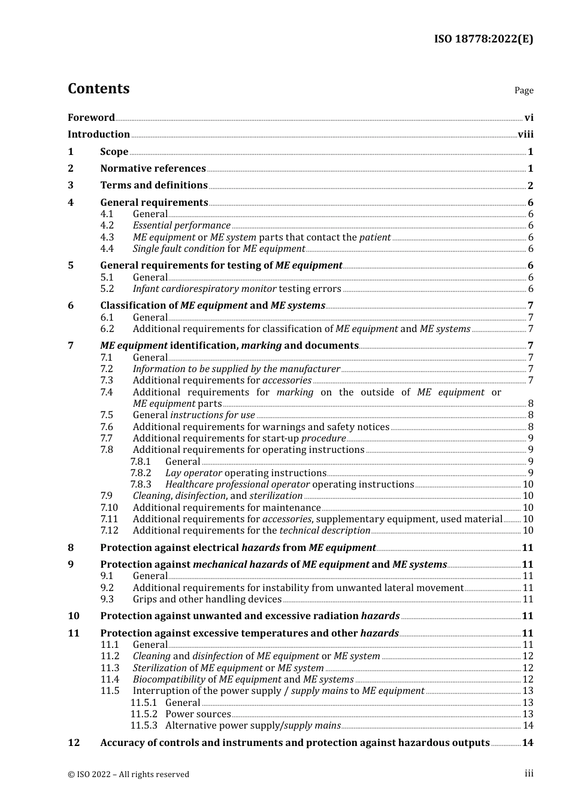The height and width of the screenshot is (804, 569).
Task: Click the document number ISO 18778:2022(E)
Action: click(x=483, y=39)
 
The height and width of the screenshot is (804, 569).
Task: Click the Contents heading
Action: click(x=98, y=89)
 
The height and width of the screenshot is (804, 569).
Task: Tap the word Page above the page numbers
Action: click(x=523, y=90)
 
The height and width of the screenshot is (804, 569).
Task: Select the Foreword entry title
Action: click(x=91, y=118)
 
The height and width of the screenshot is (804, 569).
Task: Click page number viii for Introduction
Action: click(x=525, y=135)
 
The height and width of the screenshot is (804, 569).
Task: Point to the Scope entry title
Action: click(x=114, y=152)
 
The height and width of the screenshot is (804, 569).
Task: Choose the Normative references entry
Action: click(x=153, y=169)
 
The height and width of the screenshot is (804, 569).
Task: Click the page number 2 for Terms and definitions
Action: click(x=530, y=185)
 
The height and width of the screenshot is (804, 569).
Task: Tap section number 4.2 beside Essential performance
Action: click(x=107, y=226)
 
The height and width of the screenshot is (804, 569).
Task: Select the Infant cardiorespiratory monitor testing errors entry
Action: click(x=237, y=289)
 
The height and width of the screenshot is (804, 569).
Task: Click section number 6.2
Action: click(x=107, y=329)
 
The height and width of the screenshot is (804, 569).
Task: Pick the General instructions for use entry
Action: click(x=193, y=415)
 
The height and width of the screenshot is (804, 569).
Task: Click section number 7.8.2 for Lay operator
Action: click(x=141, y=473)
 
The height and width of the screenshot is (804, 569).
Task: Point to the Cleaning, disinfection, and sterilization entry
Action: click(x=217, y=496)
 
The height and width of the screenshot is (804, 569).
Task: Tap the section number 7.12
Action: click(x=109, y=531)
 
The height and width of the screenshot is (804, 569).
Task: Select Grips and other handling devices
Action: click(x=207, y=599)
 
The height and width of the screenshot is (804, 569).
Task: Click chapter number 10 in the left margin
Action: click(x=74, y=616)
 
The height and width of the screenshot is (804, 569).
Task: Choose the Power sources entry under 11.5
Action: click(x=198, y=714)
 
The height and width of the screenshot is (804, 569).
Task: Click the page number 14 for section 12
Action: click(x=528, y=743)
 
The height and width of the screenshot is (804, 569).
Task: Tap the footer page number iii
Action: click(x=529, y=773)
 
